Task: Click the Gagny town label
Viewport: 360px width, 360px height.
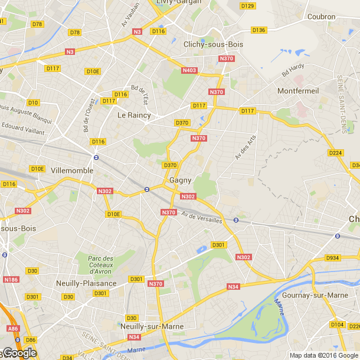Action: click(179, 181)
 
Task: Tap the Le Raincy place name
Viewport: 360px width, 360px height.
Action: click(134, 115)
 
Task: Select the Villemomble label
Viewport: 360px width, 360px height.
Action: click(73, 170)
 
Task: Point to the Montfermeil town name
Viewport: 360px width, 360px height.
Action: click(297, 91)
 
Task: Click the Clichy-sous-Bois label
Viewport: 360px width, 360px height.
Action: click(213, 44)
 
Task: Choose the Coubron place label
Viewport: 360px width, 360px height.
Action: click(321, 17)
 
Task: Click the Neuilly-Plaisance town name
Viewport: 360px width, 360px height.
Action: click(86, 283)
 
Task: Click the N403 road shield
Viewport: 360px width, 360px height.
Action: click(189, 70)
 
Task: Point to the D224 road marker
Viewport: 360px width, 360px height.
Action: click(335, 153)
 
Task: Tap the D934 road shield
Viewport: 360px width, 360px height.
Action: click(333, 258)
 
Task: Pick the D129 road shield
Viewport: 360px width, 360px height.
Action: click(248, 6)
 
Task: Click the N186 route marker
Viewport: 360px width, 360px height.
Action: click(11, 280)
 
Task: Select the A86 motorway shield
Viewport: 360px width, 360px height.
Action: click(12, 328)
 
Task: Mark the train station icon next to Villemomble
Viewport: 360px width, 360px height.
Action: click(96, 157)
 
